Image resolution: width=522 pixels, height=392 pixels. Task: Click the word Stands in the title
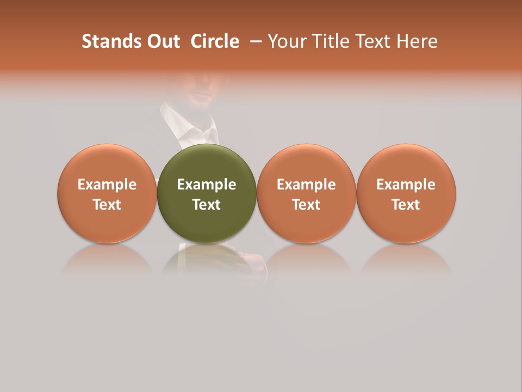point(108,41)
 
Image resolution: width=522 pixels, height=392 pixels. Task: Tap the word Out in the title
point(161,41)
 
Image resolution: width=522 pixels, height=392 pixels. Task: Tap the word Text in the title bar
point(370,41)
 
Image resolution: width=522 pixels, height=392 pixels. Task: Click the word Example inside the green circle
point(207,185)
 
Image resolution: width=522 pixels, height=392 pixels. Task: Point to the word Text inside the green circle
point(207,205)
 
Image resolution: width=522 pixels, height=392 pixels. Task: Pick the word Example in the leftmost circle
point(107,185)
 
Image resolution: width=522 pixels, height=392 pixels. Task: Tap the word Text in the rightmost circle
point(406,205)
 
